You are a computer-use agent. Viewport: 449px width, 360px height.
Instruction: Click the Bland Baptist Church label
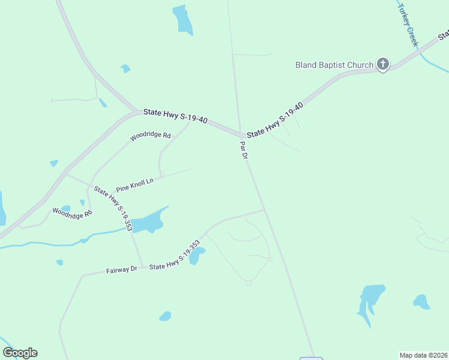click(x=334, y=65)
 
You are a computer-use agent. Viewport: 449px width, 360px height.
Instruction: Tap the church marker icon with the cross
click(x=383, y=64)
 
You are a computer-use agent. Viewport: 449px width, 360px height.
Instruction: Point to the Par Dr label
click(x=244, y=150)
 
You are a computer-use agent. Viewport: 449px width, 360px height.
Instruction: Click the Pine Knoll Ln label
click(x=135, y=184)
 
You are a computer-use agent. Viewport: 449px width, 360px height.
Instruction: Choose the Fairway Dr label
click(x=122, y=270)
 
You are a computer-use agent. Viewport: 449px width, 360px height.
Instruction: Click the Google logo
click(x=20, y=353)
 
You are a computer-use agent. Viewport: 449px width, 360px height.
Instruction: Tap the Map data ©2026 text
click(x=424, y=355)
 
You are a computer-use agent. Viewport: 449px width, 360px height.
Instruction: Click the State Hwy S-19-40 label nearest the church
click(x=275, y=121)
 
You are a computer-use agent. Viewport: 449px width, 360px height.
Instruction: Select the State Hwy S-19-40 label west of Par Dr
click(x=175, y=116)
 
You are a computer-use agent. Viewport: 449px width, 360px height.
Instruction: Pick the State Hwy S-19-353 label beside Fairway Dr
click(x=175, y=254)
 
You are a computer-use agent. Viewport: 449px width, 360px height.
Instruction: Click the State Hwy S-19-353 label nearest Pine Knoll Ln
click(x=113, y=209)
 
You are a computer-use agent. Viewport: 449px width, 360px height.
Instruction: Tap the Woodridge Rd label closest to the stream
click(x=72, y=212)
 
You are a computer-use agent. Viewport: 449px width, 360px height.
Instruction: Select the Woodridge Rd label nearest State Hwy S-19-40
click(x=151, y=136)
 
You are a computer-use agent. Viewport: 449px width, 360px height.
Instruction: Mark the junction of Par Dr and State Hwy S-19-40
click(x=241, y=135)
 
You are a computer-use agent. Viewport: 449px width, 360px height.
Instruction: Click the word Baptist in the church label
click(x=334, y=65)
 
